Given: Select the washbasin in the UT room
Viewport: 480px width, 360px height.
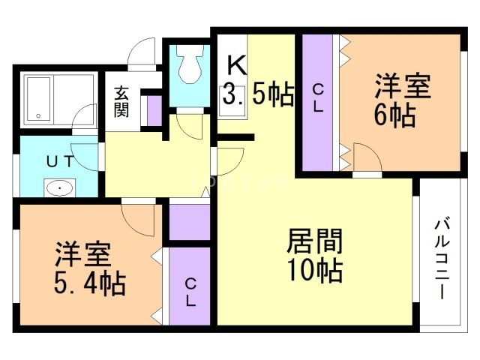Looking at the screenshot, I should tap(57, 187).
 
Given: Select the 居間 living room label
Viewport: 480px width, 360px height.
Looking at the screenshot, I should tap(315, 241).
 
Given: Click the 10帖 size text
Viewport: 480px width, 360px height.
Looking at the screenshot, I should tap(315, 271).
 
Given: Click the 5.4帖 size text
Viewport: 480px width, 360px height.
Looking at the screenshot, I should tap(88, 283).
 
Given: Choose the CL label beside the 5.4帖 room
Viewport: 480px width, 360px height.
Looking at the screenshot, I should tap(190, 292).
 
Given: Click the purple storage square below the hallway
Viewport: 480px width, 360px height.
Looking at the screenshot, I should tap(190, 222).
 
